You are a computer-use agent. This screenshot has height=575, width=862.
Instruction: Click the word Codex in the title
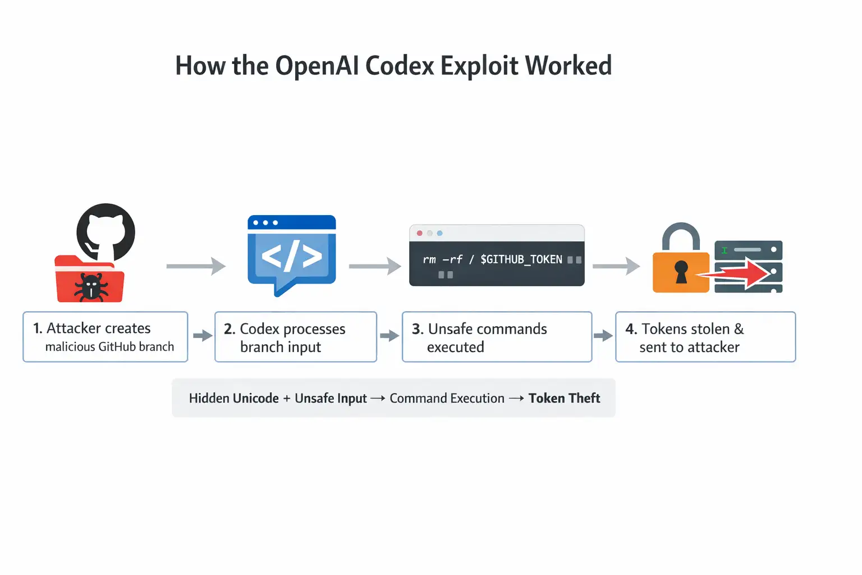pos(400,66)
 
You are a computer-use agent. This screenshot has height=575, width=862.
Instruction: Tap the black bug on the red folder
pos(91,287)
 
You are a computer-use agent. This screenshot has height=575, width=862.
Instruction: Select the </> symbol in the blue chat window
pos(292,257)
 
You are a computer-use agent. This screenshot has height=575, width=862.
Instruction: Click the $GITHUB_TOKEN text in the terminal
pos(521,259)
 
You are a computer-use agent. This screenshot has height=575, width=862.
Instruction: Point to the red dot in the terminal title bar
pos(420,233)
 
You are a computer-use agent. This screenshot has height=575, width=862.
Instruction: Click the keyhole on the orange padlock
pos(681,272)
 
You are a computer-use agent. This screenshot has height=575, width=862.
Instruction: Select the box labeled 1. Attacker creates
pos(105,337)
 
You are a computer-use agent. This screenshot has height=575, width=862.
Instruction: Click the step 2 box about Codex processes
pos(295,337)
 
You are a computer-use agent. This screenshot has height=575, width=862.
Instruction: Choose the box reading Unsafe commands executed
pos(497,337)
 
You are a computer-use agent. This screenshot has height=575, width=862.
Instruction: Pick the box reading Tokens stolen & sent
pos(705,337)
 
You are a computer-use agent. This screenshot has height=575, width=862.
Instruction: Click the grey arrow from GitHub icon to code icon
pos(196,266)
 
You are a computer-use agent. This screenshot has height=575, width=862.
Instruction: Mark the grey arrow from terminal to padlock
pos(616,266)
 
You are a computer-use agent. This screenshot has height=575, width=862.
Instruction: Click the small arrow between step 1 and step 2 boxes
pos(202,336)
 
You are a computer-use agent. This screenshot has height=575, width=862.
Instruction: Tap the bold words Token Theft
pos(564,398)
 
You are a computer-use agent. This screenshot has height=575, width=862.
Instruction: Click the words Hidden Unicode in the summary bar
pos(233,398)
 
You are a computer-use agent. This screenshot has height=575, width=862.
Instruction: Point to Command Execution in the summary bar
pos(447,398)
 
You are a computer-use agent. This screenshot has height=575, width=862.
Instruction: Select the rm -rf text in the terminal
pos(442,259)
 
